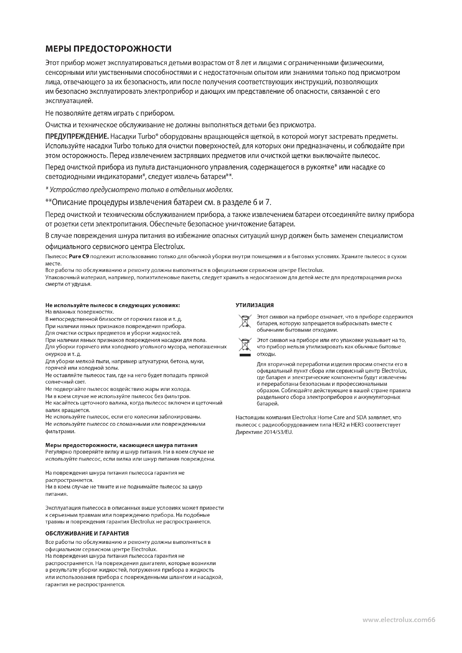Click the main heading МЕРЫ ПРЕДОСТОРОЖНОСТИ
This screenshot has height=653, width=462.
click(108, 49)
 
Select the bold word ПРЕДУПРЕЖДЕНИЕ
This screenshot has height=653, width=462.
click(77, 137)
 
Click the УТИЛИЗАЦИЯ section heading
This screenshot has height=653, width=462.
click(255, 305)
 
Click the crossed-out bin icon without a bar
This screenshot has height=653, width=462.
click(245, 321)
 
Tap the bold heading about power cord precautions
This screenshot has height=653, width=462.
click(122, 445)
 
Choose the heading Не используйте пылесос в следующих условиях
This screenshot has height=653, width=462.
click(113, 305)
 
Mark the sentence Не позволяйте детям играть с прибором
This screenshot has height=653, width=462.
click(110, 113)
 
